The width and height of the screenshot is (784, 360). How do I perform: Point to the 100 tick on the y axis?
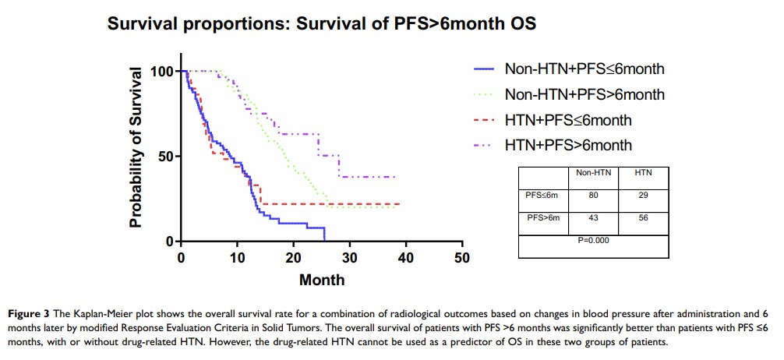tap(161, 72)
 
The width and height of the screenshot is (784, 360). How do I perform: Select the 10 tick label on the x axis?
tap(237, 259)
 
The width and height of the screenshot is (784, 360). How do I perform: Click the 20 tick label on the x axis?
tap(293, 259)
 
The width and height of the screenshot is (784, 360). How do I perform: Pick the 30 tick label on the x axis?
tap(349, 259)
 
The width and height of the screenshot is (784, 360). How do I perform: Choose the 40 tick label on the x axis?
tap(405, 259)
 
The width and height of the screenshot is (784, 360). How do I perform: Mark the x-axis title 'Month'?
tap(321, 278)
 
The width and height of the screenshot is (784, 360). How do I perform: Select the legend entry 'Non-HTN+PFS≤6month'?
tap(584, 69)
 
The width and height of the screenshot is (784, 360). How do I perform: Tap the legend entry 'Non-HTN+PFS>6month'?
tap(584, 95)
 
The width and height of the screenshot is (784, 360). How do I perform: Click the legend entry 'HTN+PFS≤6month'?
tap(568, 120)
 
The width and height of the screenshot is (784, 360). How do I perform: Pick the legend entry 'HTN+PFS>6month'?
tap(568, 145)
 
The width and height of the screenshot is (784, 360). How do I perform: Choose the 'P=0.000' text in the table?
tap(594, 240)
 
